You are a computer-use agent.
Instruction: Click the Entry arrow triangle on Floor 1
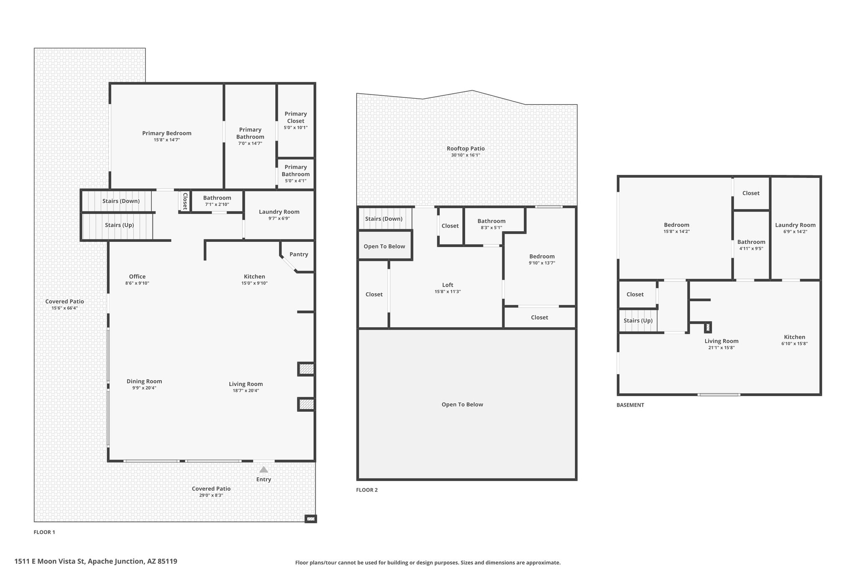click(x=264, y=469)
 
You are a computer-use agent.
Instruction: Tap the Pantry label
click(x=299, y=254)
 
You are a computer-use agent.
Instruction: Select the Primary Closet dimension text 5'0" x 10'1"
click(x=296, y=128)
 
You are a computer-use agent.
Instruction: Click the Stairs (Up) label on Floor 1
click(x=120, y=225)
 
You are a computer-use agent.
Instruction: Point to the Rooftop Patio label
click(x=466, y=149)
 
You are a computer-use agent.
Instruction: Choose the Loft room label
click(x=448, y=285)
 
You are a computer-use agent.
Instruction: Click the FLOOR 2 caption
click(x=367, y=490)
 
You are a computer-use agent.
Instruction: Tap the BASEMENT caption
click(x=630, y=405)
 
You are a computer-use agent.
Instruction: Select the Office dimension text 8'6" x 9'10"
click(x=137, y=283)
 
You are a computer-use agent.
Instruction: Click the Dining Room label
click(x=144, y=381)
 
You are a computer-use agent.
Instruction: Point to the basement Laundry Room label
click(x=795, y=225)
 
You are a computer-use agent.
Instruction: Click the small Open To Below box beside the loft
click(x=385, y=246)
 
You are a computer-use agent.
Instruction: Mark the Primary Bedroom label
click(x=167, y=133)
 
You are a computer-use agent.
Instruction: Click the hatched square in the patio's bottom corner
click(x=311, y=519)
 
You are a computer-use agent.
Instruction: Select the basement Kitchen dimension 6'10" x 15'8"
click(x=795, y=344)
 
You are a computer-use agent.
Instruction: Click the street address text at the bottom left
click(x=96, y=561)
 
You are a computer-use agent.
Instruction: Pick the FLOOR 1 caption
click(x=44, y=532)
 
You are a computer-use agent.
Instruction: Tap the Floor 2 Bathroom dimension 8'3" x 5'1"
click(x=492, y=228)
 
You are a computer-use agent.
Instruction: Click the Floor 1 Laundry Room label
click(x=279, y=212)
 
